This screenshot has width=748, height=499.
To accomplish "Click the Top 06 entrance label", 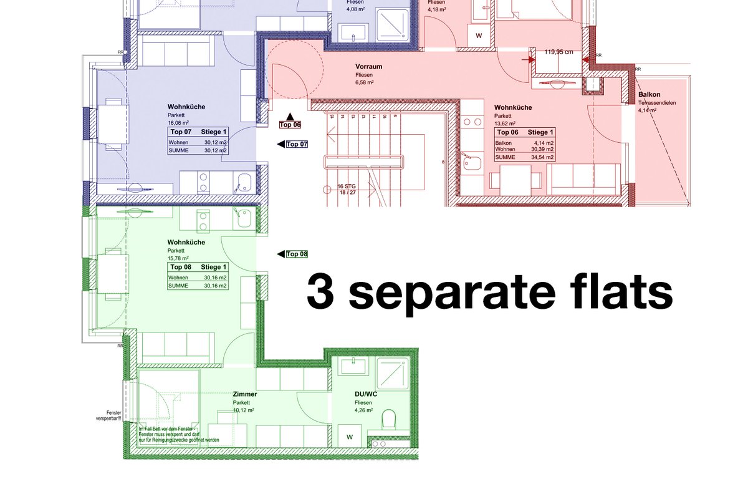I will (290, 125).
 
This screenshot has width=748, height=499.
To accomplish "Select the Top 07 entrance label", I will (297, 145).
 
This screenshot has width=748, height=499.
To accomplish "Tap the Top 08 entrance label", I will (297, 254).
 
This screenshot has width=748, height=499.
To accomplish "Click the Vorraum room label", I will (368, 66).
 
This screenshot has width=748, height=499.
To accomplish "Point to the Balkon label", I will (649, 95).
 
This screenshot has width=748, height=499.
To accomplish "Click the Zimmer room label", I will (244, 394).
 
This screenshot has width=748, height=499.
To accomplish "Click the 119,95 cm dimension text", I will (559, 52).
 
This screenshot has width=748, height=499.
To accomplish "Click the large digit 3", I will (322, 294).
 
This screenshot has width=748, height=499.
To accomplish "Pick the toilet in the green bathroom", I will (390, 418).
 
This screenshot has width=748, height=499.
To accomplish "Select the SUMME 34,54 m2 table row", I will (524, 158).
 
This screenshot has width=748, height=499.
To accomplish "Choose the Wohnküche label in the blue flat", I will (186, 107).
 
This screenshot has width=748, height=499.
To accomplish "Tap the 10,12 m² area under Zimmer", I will (242, 411).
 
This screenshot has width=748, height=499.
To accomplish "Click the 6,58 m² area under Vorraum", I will (365, 82).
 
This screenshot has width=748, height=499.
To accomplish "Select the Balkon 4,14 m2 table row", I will (524, 143).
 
